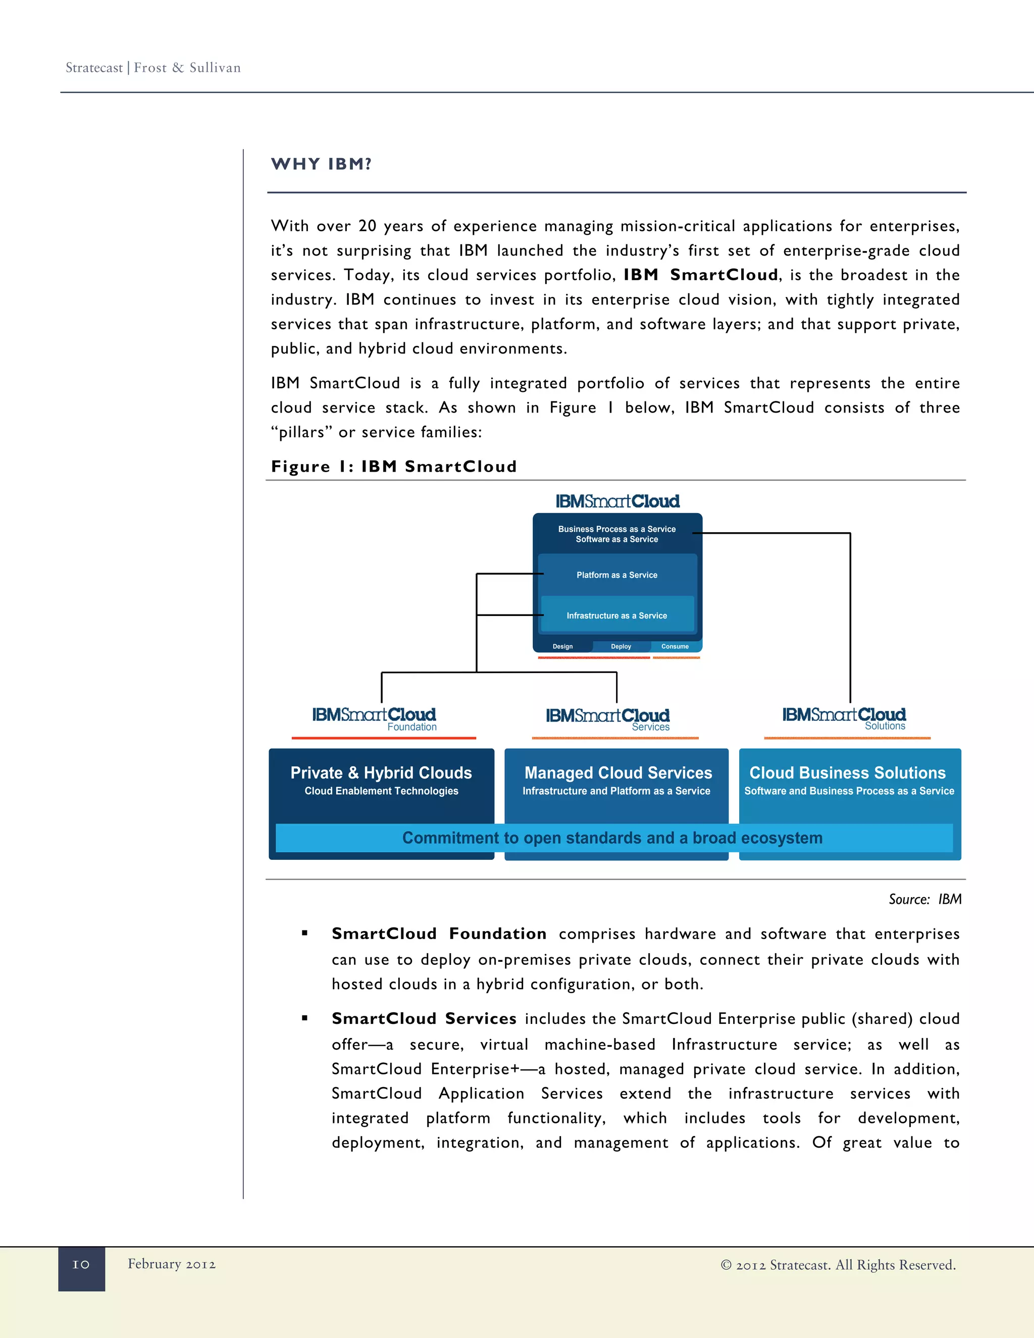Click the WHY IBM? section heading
[x=321, y=164]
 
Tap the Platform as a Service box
[x=617, y=575]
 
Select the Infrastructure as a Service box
[x=617, y=615]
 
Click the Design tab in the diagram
[x=562, y=646]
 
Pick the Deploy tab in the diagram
[x=621, y=646]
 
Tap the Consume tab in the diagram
[x=675, y=646]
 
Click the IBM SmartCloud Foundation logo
[x=374, y=718]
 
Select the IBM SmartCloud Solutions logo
[x=844, y=717]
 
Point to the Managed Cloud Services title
[x=618, y=773]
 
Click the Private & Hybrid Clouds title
[x=381, y=773]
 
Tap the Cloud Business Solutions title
[x=847, y=773]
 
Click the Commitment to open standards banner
[x=612, y=838]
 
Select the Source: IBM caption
[x=924, y=899]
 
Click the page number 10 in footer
[x=81, y=1264]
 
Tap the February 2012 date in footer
[x=172, y=1264]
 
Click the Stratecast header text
[x=153, y=67]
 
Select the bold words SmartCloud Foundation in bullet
[x=439, y=933]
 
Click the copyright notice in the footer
[x=838, y=1265]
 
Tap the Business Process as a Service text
[x=617, y=529]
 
